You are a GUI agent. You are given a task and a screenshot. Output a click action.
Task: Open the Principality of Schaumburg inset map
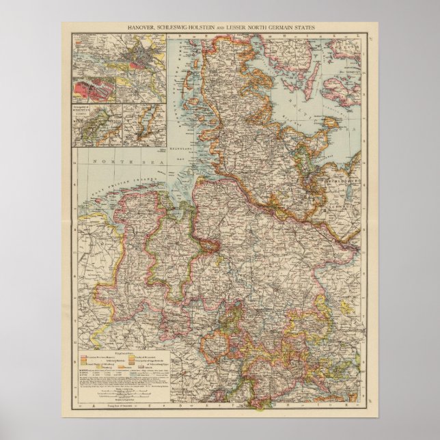(95, 123)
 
